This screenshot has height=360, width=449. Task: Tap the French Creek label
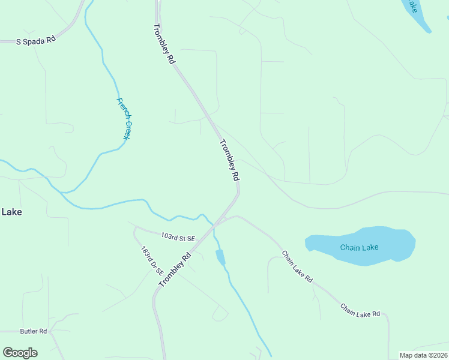124,119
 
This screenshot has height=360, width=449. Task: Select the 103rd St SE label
178,238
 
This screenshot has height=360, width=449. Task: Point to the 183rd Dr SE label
148,261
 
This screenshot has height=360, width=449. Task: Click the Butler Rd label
33,331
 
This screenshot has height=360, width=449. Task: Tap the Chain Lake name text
359,247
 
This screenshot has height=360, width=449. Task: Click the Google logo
20,353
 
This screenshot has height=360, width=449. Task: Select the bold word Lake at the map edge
11,212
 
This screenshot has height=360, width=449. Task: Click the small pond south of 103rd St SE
220,257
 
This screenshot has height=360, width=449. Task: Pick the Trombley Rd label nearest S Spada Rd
164,44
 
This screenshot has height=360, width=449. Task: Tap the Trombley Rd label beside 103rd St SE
175,269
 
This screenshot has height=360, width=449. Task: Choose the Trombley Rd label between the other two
230,160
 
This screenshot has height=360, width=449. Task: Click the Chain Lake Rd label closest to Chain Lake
297,267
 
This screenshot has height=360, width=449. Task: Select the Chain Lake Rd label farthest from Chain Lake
360,310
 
